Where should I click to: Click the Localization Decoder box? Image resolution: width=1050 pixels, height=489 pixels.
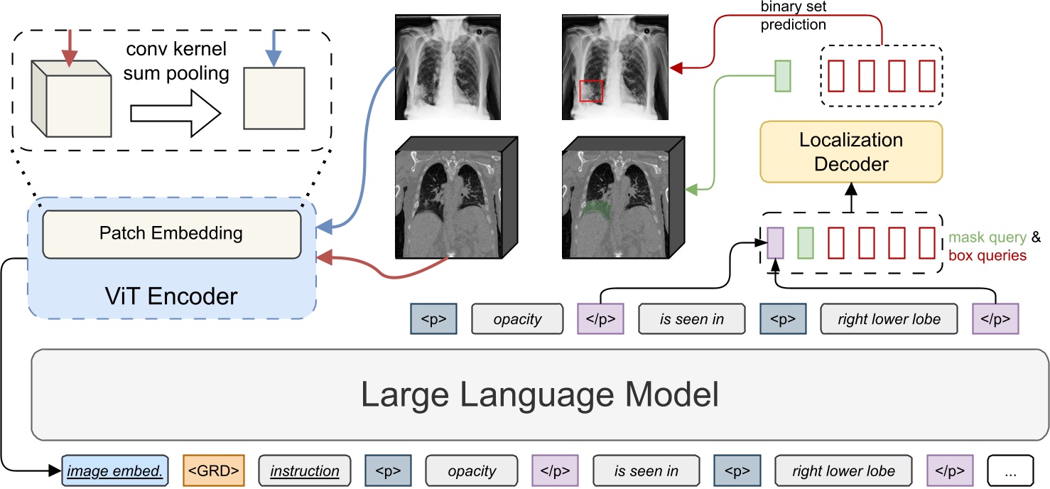point(851,151)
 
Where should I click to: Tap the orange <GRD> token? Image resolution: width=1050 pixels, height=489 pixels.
point(213,471)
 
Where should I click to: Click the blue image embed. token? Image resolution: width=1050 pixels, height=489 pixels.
point(116,471)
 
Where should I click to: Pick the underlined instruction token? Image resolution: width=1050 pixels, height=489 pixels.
point(305,471)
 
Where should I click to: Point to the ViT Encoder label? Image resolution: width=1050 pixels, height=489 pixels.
point(171,295)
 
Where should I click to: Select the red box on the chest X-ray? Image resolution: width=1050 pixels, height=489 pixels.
point(591,92)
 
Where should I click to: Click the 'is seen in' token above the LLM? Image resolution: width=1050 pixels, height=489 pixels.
point(692,319)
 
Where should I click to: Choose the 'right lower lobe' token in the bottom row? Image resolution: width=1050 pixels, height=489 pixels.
point(845,471)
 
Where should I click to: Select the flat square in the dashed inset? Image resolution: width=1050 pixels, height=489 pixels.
point(274,98)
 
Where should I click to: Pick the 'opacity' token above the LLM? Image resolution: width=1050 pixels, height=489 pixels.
point(517,319)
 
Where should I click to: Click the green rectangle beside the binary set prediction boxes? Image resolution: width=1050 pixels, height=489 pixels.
point(782,75)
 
